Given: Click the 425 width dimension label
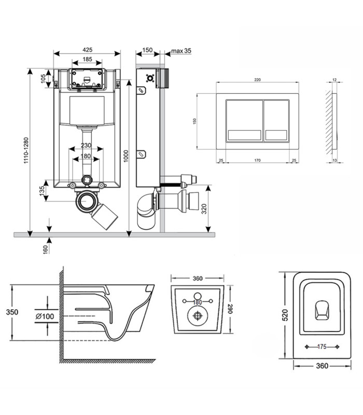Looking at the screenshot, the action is point(88,50).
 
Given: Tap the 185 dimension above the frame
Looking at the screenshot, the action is point(87,59).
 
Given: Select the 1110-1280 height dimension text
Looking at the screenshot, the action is point(26,150).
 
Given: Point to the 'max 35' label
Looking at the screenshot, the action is point(181,50).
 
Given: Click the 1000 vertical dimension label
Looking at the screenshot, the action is point(126,156).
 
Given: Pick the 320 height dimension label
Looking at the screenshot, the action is point(204,209).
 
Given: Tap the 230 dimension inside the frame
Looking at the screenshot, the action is point(86,145).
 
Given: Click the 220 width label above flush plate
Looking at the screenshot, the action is point(257,80).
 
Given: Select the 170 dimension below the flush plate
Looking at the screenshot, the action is point(257,160).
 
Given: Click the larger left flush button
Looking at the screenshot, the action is point(244,121).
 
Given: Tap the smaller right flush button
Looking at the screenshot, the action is point(276,121).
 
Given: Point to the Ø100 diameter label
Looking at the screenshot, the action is point(45,316).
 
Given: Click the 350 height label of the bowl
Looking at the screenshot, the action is point(12,312).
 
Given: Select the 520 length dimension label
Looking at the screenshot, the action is point(285,315).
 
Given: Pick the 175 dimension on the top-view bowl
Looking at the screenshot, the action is point(322,347).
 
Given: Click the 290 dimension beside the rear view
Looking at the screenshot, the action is point(230,309).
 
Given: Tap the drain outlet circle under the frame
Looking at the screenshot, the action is point(86,201).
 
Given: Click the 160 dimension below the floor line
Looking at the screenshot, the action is point(45,250).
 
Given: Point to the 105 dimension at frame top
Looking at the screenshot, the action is point(43,79).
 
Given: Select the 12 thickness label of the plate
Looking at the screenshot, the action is point(334,80).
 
